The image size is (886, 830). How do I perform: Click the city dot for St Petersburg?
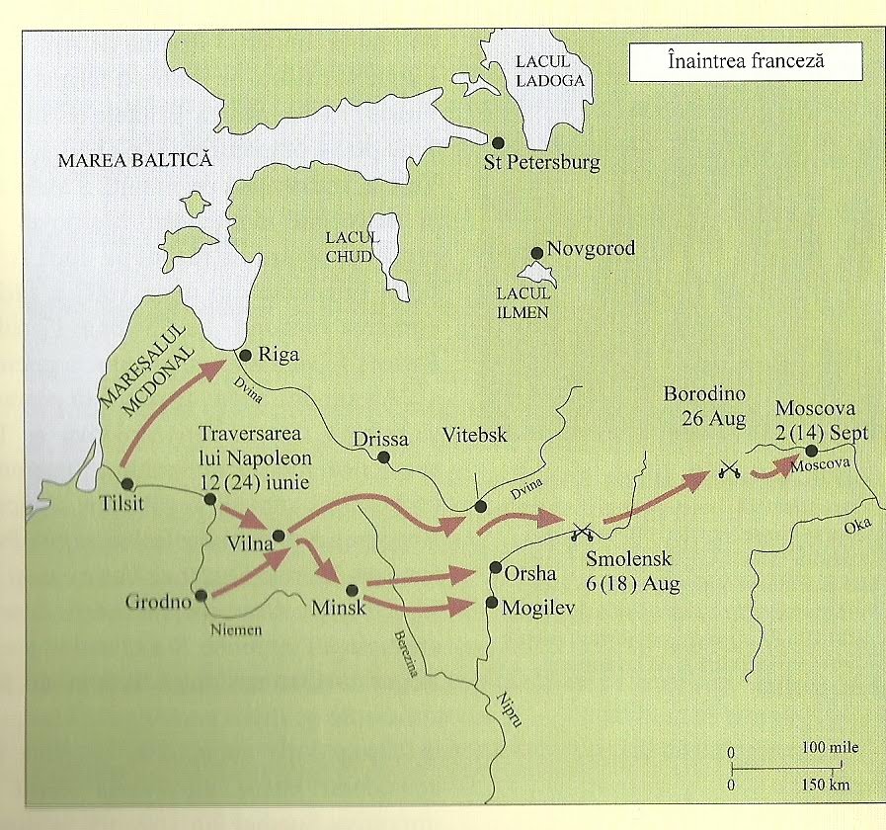(499, 143)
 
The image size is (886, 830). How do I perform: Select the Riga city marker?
(244, 353)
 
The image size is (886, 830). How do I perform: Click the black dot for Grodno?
(201, 596)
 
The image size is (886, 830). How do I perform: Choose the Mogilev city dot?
(493, 602)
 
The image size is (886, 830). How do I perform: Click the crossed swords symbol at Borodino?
(730, 470)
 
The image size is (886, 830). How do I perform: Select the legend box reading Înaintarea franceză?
(746, 61)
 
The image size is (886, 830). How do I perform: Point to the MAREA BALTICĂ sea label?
(135, 161)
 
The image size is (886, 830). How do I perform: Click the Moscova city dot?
(812, 452)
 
